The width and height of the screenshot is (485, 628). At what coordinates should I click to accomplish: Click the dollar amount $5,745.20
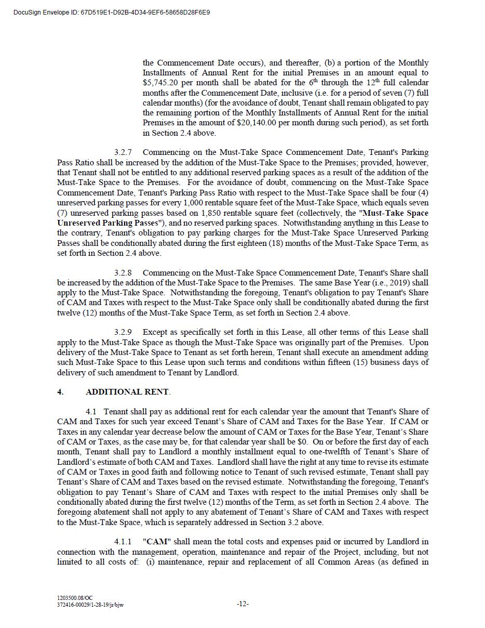pyautogui.click(x=159, y=83)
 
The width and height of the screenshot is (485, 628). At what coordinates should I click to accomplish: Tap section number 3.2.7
pyautogui.click(x=123, y=152)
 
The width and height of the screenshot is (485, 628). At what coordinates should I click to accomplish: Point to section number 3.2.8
pyautogui.click(x=123, y=273)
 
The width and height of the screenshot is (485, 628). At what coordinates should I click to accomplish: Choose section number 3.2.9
pyautogui.click(x=123, y=332)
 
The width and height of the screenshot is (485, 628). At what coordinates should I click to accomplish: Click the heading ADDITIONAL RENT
pyautogui.click(x=127, y=392)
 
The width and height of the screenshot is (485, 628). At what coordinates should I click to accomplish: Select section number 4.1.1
pyautogui.click(x=123, y=542)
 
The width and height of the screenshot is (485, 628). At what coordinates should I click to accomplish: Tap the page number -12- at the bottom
pyautogui.click(x=243, y=604)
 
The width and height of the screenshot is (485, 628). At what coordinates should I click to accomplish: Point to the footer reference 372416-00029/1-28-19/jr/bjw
pyautogui.click(x=90, y=605)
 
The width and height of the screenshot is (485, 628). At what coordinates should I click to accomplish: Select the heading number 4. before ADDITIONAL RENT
pyautogui.click(x=60, y=392)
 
